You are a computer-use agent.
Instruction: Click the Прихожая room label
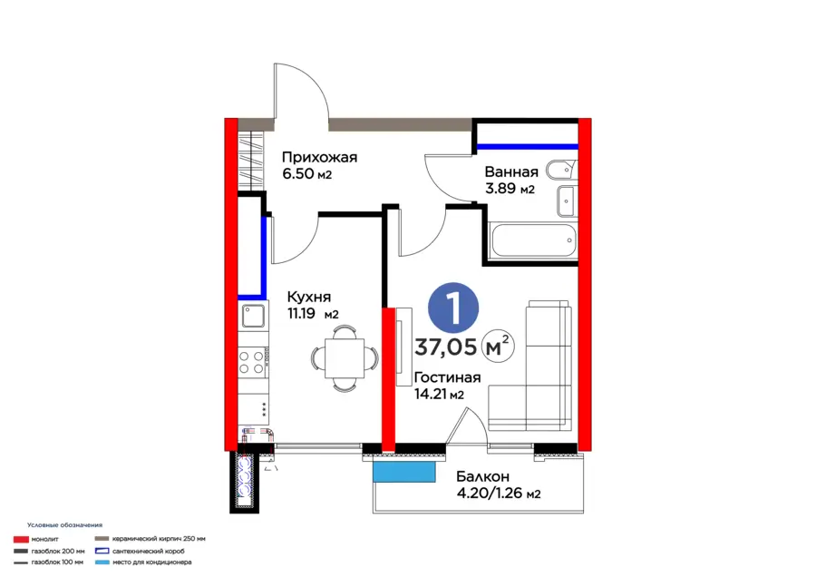pyautogui.click(x=319, y=157)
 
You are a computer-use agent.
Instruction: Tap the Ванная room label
pyautogui.click(x=511, y=171)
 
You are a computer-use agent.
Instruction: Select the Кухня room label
pyautogui.click(x=309, y=297)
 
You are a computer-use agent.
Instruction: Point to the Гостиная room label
pyautogui.click(x=448, y=377)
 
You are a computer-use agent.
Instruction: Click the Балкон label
pyautogui.click(x=483, y=476)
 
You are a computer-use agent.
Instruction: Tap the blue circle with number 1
pyautogui.click(x=453, y=308)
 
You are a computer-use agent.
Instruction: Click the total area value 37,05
pyautogui.click(x=445, y=347)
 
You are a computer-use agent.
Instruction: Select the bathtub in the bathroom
pyautogui.click(x=533, y=240)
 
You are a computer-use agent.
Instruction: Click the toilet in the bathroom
pyautogui.click(x=561, y=171)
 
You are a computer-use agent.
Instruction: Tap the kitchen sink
pyautogui.click(x=253, y=316)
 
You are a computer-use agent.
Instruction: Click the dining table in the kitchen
pyautogui.click(x=345, y=358)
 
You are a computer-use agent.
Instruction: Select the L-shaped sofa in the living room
pyautogui.click(x=529, y=367)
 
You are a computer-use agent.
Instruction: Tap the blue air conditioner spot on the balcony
pyautogui.click(x=403, y=473)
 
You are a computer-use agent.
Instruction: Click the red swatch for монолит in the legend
pyautogui.click(x=21, y=540)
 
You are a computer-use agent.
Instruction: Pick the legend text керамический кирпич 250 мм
pyautogui.click(x=159, y=539)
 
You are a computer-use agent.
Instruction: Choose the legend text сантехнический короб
pyautogui.click(x=149, y=551)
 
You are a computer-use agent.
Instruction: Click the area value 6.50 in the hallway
pyautogui.click(x=298, y=174)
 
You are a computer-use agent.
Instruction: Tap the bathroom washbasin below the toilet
pyautogui.click(x=566, y=200)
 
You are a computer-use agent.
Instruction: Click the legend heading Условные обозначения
pyautogui.click(x=65, y=525)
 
